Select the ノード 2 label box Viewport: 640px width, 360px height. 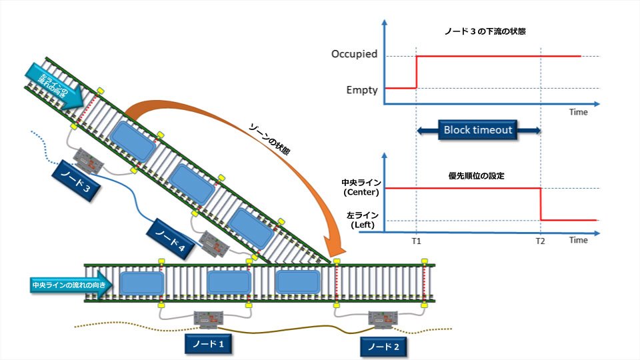(383, 347)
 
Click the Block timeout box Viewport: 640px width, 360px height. (478, 129)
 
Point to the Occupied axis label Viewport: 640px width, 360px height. (354, 54)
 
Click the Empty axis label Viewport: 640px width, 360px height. (363, 89)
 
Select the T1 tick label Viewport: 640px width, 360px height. (416, 241)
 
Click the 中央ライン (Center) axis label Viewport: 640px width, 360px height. (361, 187)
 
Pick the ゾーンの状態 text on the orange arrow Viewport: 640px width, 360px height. (269, 139)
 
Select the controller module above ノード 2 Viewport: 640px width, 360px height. (383, 321)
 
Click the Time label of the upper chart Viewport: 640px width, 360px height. (578, 112)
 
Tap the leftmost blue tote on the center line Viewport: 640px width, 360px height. (141, 283)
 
